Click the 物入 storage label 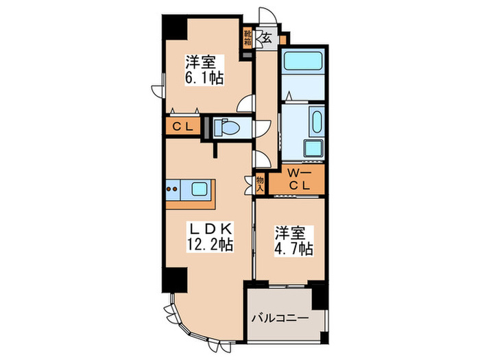point(260,182)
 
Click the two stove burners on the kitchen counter point(173,189)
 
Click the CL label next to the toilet point(180,126)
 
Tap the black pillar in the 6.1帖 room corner point(173,27)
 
